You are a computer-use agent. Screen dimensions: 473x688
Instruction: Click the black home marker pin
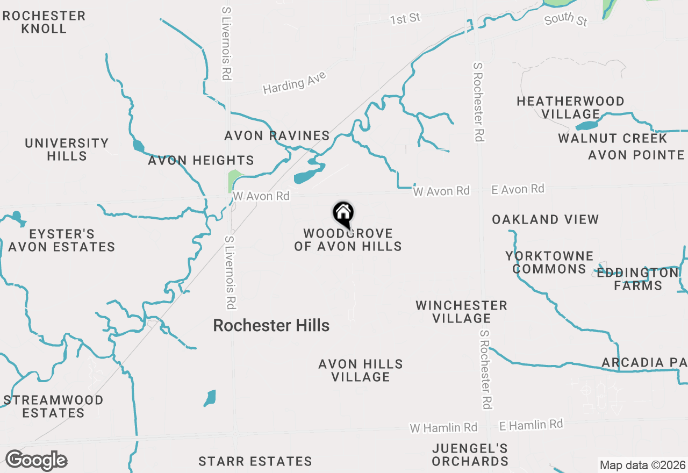(x=343, y=213)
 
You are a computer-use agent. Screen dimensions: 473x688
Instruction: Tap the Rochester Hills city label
(x=271, y=325)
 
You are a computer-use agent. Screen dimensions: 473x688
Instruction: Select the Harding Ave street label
(x=295, y=83)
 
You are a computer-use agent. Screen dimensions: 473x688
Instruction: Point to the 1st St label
(x=405, y=19)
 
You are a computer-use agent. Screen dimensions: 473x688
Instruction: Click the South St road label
(x=565, y=20)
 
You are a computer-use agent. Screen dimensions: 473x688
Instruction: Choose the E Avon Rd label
(x=518, y=189)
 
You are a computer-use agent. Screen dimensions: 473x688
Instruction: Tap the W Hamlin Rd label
(x=443, y=428)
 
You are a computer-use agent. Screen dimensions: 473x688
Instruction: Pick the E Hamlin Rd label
(x=531, y=425)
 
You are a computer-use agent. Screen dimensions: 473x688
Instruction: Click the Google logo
(x=36, y=461)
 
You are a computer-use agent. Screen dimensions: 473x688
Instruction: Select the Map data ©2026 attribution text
(x=642, y=465)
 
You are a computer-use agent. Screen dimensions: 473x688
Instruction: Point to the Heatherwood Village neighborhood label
(x=570, y=107)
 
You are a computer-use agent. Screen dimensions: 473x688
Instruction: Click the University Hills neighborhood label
(x=67, y=149)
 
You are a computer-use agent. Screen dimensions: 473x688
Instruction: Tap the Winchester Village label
(x=461, y=312)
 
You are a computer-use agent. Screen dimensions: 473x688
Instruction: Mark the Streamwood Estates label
(x=53, y=406)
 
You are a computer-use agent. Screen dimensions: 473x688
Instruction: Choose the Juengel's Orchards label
(x=470, y=455)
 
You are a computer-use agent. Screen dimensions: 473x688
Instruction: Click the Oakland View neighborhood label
(x=545, y=219)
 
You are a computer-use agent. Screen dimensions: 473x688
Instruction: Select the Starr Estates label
(x=255, y=461)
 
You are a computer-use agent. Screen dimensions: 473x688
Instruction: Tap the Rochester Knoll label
(x=44, y=22)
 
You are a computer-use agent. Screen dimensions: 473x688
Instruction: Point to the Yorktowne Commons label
(x=549, y=262)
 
